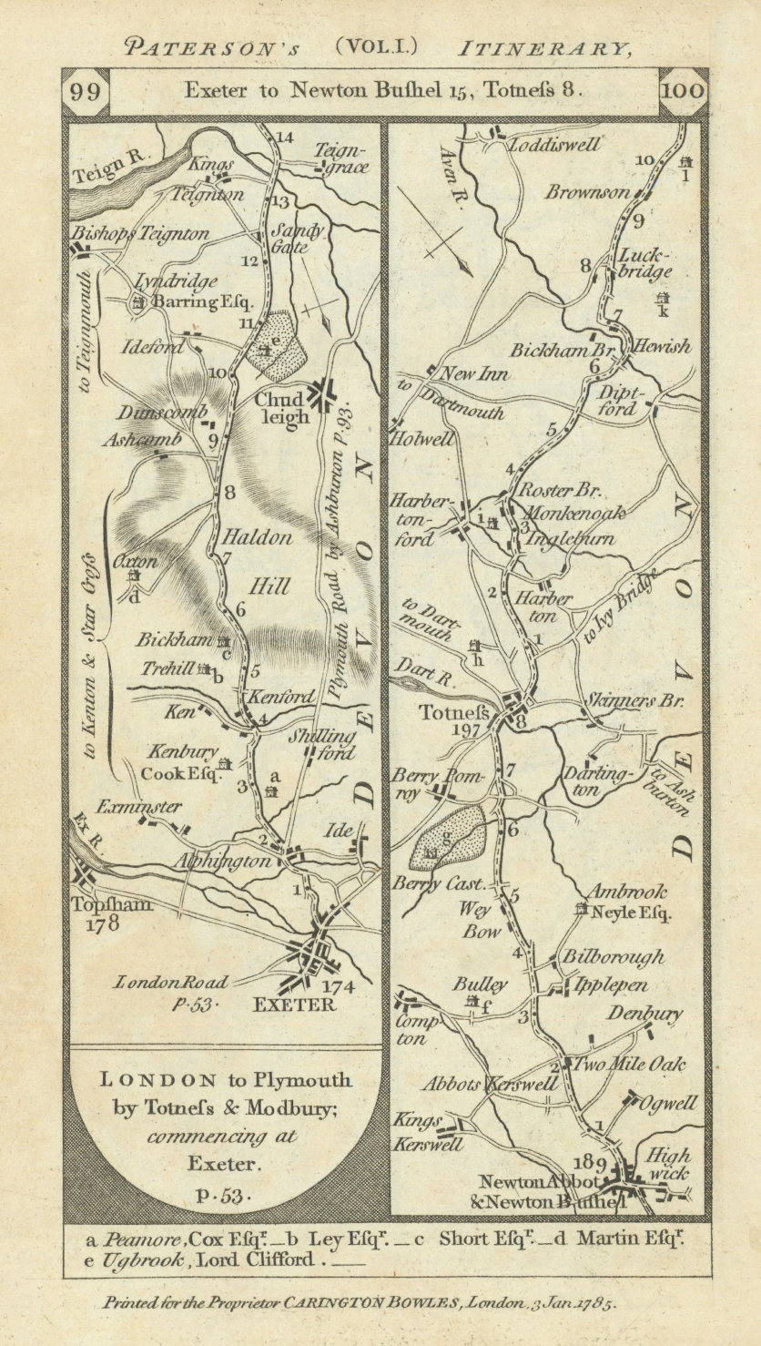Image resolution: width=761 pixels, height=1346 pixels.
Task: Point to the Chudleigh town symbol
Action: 322,393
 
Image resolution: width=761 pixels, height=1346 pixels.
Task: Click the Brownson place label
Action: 587,192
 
